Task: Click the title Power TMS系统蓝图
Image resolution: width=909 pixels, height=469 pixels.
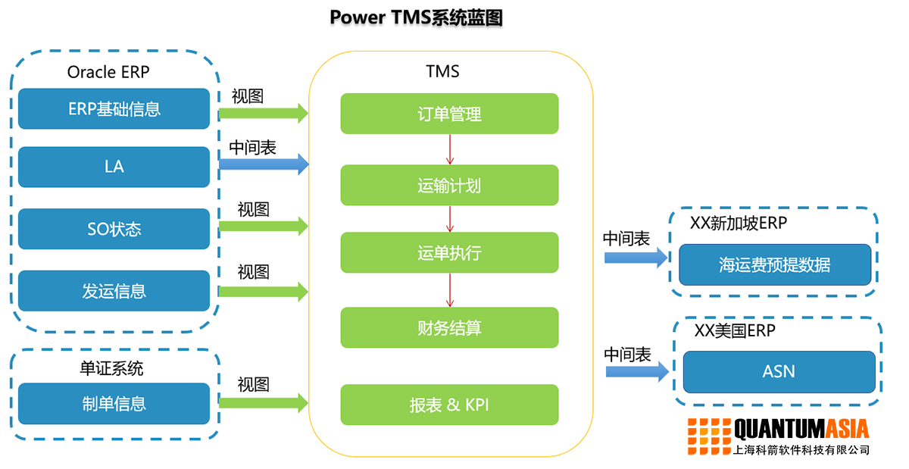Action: (416, 18)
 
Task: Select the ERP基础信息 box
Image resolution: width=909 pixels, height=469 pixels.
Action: (114, 108)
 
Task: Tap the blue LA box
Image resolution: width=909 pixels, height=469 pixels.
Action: (114, 167)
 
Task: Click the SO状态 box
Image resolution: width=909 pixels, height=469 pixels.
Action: (114, 229)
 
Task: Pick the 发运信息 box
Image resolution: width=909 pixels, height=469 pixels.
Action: (114, 291)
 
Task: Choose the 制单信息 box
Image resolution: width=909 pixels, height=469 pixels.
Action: (114, 403)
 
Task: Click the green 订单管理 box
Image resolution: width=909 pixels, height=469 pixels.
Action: (449, 114)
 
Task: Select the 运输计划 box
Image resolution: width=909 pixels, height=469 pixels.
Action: (449, 185)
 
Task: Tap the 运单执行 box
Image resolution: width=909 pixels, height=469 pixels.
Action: (449, 252)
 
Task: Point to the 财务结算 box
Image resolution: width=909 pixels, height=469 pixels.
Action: (449, 327)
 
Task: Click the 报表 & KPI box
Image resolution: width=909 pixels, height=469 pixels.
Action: (449, 405)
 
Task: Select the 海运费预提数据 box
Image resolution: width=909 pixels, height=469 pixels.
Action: (774, 264)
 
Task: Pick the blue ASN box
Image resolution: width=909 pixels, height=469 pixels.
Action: (779, 371)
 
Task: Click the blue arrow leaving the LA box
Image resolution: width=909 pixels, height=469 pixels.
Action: (264, 163)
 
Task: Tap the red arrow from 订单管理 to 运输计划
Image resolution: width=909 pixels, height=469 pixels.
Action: (450, 149)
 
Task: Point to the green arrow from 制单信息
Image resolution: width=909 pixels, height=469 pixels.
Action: (264, 403)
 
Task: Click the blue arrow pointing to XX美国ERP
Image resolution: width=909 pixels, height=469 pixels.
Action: (636, 371)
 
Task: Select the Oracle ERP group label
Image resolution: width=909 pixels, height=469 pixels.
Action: (108, 72)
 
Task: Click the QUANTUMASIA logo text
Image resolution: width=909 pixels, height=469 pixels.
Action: (801, 430)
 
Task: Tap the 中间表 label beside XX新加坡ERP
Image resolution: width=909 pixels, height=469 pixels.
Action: (626, 238)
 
